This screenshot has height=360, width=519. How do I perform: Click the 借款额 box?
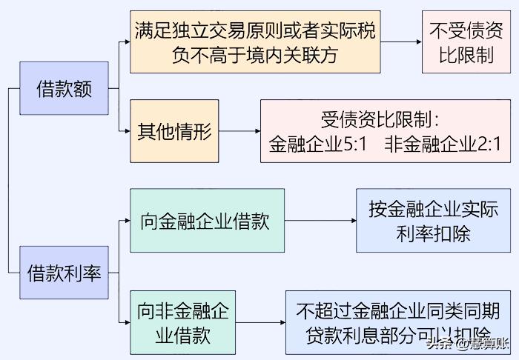click(x=65, y=89)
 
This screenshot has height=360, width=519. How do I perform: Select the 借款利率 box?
click(x=64, y=273)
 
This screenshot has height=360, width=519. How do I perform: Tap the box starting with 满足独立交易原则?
click(x=254, y=41)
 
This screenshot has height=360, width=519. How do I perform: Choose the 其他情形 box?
click(x=174, y=132)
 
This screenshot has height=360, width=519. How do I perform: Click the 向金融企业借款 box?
click(x=206, y=220)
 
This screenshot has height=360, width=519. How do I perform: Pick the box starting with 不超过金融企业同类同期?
click(x=397, y=322)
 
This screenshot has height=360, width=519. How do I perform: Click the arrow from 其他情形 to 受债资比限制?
click(x=239, y=133)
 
